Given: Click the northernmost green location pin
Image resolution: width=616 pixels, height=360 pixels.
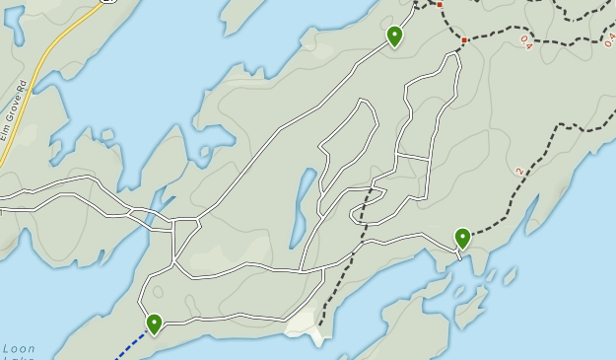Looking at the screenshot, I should (x=394, y=36).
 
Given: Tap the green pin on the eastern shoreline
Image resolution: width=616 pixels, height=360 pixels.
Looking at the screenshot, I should (x=462, y=238).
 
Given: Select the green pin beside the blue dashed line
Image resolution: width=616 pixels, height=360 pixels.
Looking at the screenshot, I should (x=154, y=324).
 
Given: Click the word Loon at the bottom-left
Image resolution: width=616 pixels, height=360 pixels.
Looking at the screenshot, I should (x=19, y=348).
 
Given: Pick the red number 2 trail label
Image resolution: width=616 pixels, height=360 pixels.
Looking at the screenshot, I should (x=519, y=172).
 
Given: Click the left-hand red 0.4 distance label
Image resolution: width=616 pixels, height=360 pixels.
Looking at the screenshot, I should (x=524, y=42).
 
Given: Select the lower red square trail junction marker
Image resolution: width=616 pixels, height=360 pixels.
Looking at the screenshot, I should (x=464, y=40).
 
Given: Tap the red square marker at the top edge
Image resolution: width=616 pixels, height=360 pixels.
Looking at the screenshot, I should (x=440, y=5).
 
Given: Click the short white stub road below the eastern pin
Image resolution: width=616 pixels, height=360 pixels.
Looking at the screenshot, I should (x=458, y=253).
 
